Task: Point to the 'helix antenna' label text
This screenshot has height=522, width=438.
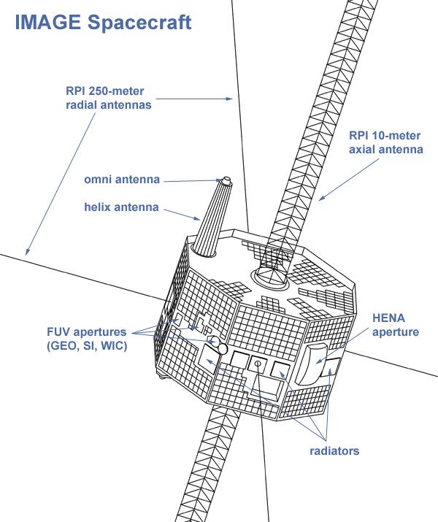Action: [x=121, y=207]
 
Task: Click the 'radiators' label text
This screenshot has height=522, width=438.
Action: [x=334, y=451]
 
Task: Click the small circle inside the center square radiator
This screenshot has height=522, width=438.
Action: [x=257, y=363]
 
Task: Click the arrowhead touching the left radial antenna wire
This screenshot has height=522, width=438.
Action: [x=27, y=250]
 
